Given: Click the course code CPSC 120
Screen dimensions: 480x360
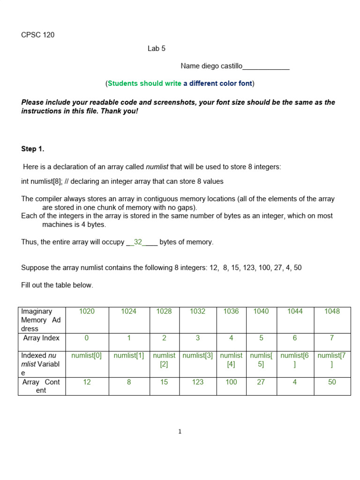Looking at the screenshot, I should coord(38,35).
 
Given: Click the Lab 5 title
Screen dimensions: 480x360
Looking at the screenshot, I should coord(157,48).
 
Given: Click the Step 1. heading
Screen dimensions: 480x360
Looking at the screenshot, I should coord(32,149).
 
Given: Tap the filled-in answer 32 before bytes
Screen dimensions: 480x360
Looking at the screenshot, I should coord(138,242).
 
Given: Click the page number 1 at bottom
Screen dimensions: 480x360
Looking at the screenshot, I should coord(180,432).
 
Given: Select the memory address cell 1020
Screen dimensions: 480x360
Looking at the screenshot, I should coord(87,311).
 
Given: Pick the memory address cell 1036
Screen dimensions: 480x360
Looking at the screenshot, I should coord(231,311).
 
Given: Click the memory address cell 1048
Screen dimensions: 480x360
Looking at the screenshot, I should coord(332,311).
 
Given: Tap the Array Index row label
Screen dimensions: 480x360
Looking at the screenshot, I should coord(42,338).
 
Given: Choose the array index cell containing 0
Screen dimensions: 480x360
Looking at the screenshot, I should coord(87,338).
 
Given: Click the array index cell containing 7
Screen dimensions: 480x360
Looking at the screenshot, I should coord(332,338).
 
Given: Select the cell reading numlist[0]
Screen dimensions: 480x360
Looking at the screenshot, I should coord(87,355).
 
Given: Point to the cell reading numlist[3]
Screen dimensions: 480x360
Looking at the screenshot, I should coord(198,355).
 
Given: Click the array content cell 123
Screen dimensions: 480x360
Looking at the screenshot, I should coord(198,382).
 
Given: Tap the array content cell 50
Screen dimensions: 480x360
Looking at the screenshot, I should coord(332,382).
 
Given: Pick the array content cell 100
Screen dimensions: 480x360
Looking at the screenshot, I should coord(231,382).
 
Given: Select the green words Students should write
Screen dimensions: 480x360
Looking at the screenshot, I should coord(144,83).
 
